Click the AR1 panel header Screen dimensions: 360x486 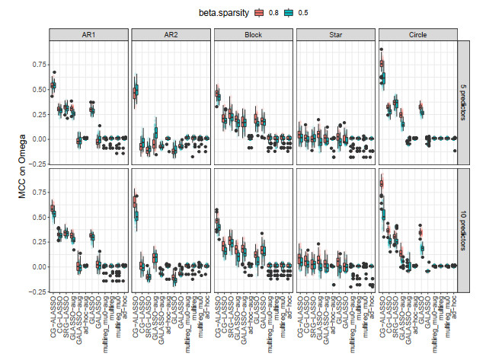tap(88, 35)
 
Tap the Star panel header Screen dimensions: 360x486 tap(336, 35)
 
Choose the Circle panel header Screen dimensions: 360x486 tap(418, 35)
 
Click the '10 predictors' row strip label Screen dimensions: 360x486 tap(462, 230)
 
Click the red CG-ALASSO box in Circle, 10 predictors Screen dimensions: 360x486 tap(381, 183)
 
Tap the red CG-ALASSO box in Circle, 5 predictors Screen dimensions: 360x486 tap(381, 65)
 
